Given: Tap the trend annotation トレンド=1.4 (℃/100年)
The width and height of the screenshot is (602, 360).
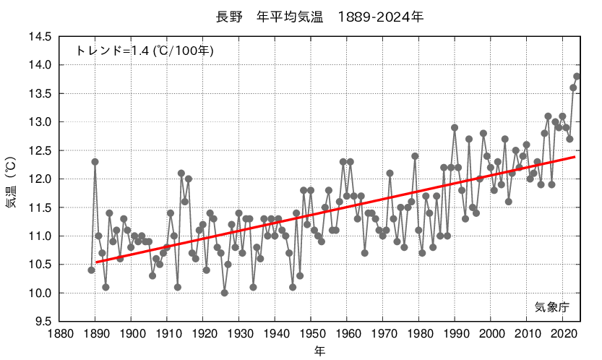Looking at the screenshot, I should [145, 51].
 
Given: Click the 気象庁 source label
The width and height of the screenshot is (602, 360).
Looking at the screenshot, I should [552, 307].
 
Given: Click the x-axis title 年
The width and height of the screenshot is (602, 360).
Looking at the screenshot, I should [319, 351].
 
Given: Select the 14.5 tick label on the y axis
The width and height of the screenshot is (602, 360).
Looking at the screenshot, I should [40, 37].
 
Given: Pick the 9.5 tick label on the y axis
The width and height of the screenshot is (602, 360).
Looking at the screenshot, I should [43, 322].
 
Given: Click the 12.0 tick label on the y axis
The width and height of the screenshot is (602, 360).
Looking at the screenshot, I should [40, 179].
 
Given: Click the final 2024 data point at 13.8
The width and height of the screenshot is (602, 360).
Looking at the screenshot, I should [577, 77].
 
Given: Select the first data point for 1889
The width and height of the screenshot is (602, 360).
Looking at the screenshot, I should [91, 270].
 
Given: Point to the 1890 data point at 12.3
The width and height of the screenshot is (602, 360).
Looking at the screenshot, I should [95, 162].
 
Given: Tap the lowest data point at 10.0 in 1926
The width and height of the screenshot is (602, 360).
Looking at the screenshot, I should [224, 293].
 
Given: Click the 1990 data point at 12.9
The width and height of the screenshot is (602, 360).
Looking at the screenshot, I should [455, 128].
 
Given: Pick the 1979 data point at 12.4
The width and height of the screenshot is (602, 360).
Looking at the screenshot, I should [415, 156].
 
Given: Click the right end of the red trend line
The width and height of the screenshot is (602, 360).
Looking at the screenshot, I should [575, 157].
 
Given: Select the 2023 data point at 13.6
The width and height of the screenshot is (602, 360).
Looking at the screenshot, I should [573, 88].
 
